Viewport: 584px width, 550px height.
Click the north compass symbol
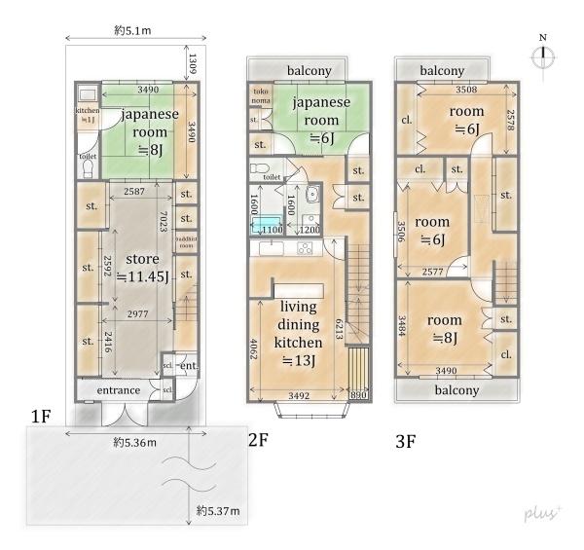[543, 55]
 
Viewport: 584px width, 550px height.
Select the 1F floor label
[40, 417]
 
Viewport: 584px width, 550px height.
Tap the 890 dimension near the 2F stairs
[360, 396]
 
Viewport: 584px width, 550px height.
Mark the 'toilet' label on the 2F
[273, 177]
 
